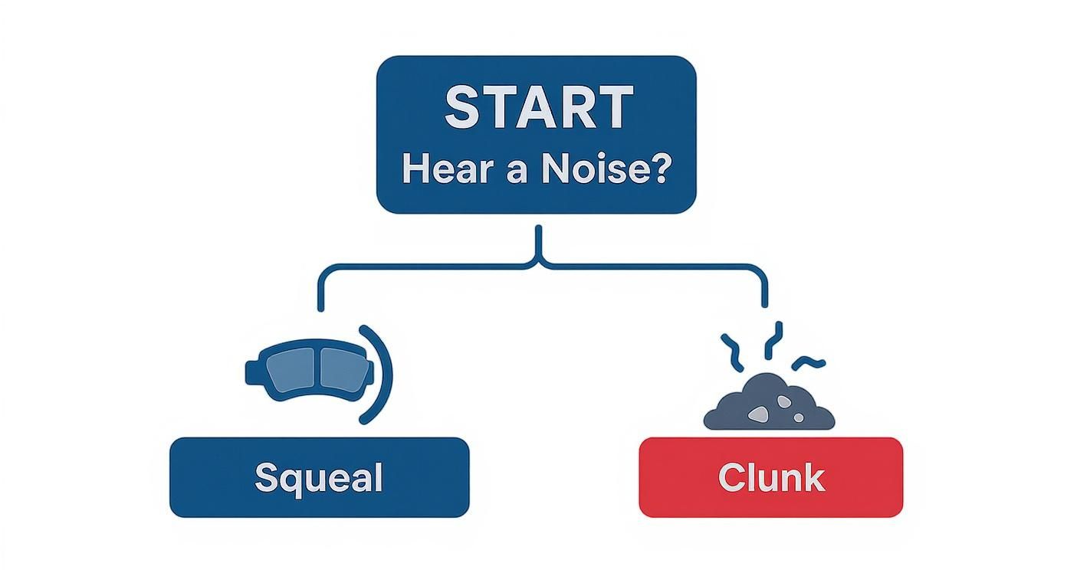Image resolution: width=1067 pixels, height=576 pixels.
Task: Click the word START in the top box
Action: tap(539, 107)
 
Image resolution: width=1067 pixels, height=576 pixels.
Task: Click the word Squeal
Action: tap(318, 478)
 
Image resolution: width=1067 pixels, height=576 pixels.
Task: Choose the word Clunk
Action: tap(771, 478)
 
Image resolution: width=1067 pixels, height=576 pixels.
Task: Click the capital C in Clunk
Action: tap(730, 478)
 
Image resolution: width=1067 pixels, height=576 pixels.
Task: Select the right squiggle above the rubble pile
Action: tap(809, 362)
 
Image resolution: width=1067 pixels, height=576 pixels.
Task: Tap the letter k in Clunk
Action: tap(815, 478)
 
